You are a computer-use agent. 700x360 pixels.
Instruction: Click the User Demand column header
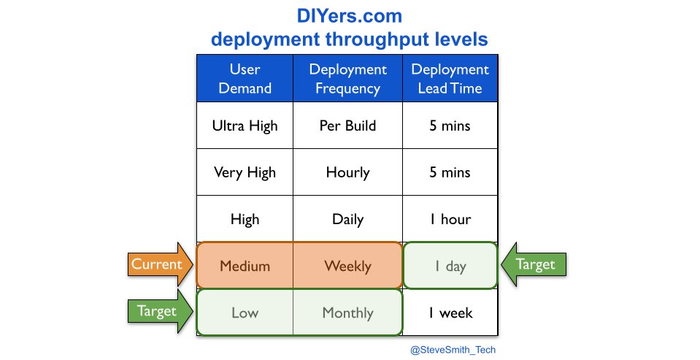(245, 79)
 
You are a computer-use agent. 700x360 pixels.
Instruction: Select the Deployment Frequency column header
(347, 79)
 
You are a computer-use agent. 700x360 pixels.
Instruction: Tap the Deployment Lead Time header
(450, 79)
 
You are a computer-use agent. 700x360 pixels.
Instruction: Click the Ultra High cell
(245, 126)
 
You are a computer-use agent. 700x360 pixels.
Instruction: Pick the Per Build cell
(347, 126)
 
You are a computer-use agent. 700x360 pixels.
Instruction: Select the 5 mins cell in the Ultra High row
(450, 126)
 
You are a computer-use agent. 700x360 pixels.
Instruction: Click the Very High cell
(245, 172)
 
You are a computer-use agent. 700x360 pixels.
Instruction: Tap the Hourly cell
(347, 172)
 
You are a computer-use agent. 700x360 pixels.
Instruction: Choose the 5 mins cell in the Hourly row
(450, 172)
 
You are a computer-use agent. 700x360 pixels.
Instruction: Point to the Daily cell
(347, 219)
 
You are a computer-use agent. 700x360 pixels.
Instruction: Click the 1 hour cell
(450, 219)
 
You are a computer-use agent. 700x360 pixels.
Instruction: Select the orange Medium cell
(245, 266)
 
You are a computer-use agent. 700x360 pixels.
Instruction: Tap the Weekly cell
(347, 266)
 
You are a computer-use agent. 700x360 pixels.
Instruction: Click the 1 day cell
(450, 266)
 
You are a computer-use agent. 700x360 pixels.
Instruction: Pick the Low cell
(245, 313)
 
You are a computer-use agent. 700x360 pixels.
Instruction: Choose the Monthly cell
(347, 313)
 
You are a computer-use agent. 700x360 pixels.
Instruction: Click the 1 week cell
(450, 313)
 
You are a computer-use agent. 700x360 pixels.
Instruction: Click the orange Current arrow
(161, 264)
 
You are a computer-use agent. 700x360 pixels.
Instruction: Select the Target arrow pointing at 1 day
(534, 264)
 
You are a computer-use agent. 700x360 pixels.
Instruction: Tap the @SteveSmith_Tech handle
(453, 350)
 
